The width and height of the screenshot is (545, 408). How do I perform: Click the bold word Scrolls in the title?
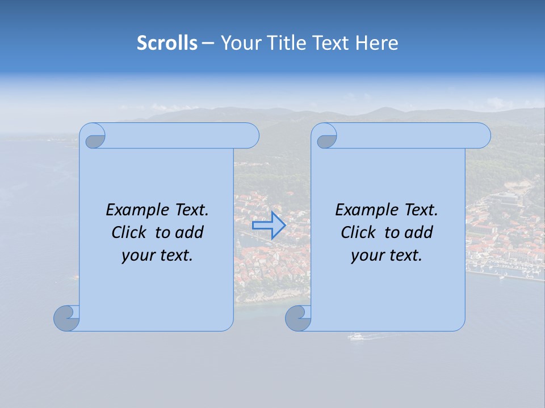pyautogui.click(x=167, y=43)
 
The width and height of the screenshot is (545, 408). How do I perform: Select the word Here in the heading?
pyautogui.click(x=377, y=43)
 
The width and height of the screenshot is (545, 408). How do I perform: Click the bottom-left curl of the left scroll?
pyautogui.click(x=66, y=318)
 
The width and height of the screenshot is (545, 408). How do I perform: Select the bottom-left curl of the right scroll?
pyautogui.click(x=297, y=318)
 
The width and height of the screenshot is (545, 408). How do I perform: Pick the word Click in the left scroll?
pyautogui.click(x=131, y=233)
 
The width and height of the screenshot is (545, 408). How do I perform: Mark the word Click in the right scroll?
pyautogui.click(x=360, y=233)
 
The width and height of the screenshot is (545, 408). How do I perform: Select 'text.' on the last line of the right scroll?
pyautogui.click(x=405, y=256)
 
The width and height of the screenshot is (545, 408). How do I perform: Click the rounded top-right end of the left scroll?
pyautogui.click(x=249, y=136)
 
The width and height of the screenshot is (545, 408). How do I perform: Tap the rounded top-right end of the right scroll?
pyautogui.click(x=480, y=136)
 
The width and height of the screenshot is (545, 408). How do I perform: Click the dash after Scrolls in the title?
pyautogui.click(x=208, y=43)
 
